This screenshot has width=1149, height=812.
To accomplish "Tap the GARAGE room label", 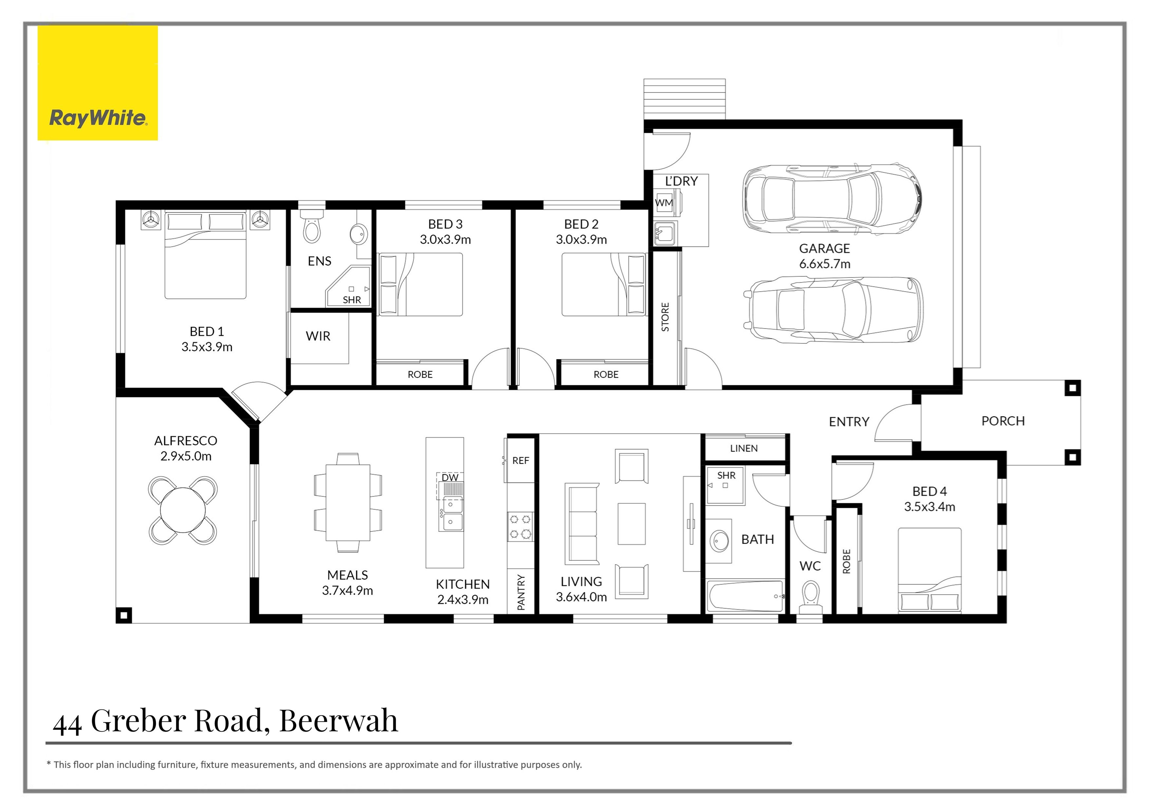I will [824, 248].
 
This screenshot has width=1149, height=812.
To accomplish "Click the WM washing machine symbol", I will [664, 203].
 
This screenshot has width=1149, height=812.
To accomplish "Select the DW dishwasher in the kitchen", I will [450, 478].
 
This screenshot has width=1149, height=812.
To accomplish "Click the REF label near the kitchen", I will [520, 460].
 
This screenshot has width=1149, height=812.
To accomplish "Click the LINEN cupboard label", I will [744, 448].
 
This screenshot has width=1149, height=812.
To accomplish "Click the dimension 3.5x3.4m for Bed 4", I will [929, 507].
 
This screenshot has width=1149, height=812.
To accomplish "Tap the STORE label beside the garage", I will [665, 317].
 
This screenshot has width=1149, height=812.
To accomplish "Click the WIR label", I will [318, 336].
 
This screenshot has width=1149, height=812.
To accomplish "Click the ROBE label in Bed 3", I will [420, 374].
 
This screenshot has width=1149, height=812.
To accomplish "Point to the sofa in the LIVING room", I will [581, 524].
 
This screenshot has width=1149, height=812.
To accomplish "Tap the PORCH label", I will [1003, 421].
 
